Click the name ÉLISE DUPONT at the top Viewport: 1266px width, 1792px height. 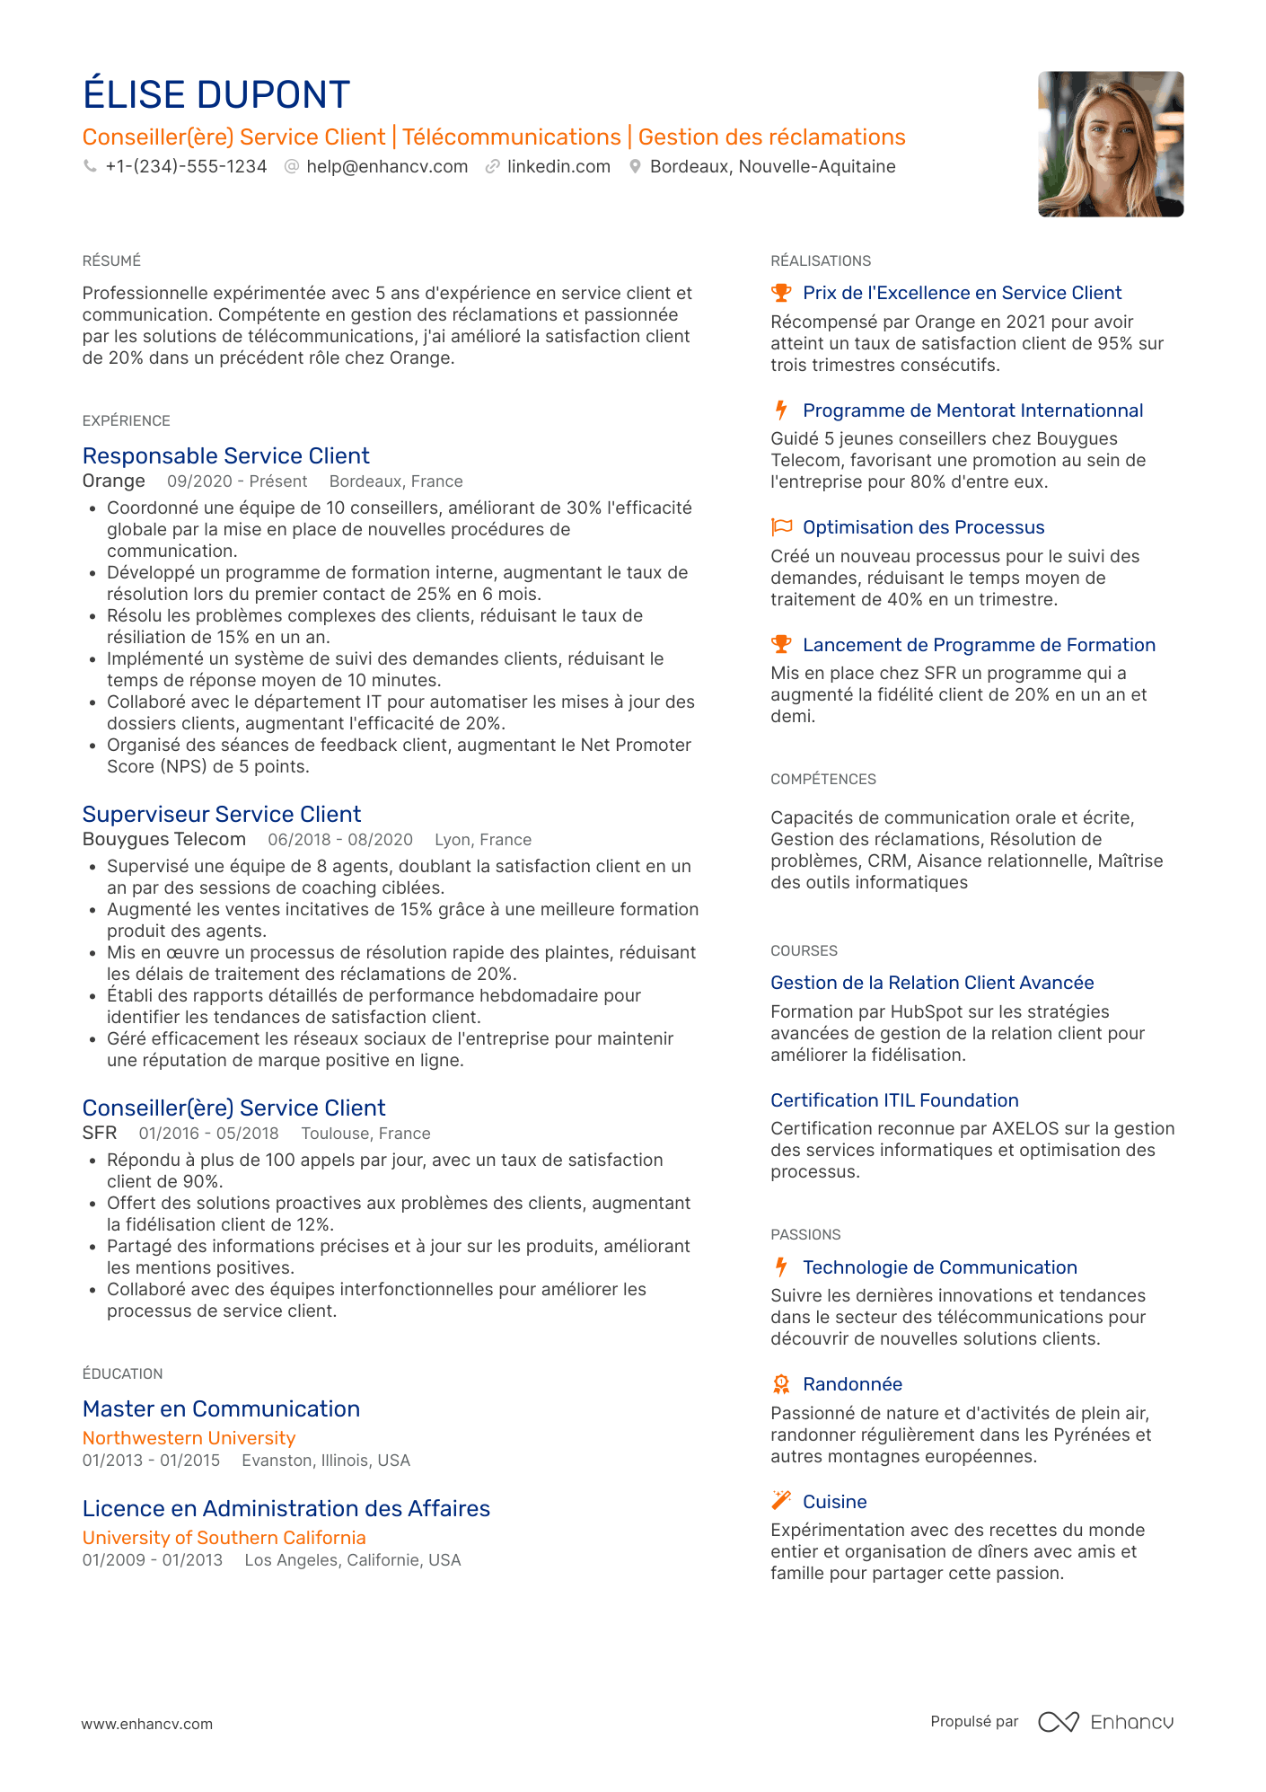[215, 95]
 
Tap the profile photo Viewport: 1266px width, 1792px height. [1110, 144]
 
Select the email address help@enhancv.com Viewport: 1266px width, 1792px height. [387, 167]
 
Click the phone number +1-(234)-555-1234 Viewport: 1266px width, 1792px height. [186, 167]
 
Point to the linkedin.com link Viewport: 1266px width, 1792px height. [558, 167]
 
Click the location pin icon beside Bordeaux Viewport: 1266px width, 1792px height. [635, 167]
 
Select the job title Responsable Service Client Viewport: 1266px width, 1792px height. [225, 456]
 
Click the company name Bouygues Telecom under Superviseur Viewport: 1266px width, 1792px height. [163, 840]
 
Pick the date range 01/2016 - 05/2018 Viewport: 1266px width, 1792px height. [208, 1134]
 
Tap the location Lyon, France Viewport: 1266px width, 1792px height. [483, 840]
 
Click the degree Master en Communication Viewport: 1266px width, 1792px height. [221, 1409]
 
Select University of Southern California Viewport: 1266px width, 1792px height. [224, 1538]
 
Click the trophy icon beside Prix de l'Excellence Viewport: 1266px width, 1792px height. [781, 293]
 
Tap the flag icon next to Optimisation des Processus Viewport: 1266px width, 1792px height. [781, 527]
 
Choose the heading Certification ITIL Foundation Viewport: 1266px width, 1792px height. [894, 1100]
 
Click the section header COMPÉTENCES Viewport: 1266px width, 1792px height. [822, 780]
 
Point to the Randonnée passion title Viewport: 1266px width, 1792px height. [852, 1384]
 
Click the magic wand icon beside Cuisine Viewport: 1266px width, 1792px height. [781, 1501]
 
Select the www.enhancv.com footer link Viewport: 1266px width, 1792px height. [147, 1724]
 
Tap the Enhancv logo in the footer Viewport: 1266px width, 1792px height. [1106, 1722]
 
